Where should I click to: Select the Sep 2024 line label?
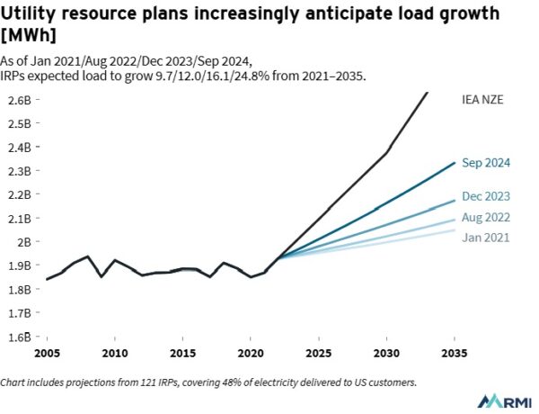pyautogui.click(x=486, y=163)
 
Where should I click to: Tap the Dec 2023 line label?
pyautogui.click(x=486, y=196)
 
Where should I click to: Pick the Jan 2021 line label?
pyautogui.click(x=485, y=238)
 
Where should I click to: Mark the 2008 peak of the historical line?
pyautogui.click(x=87, y=256)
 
